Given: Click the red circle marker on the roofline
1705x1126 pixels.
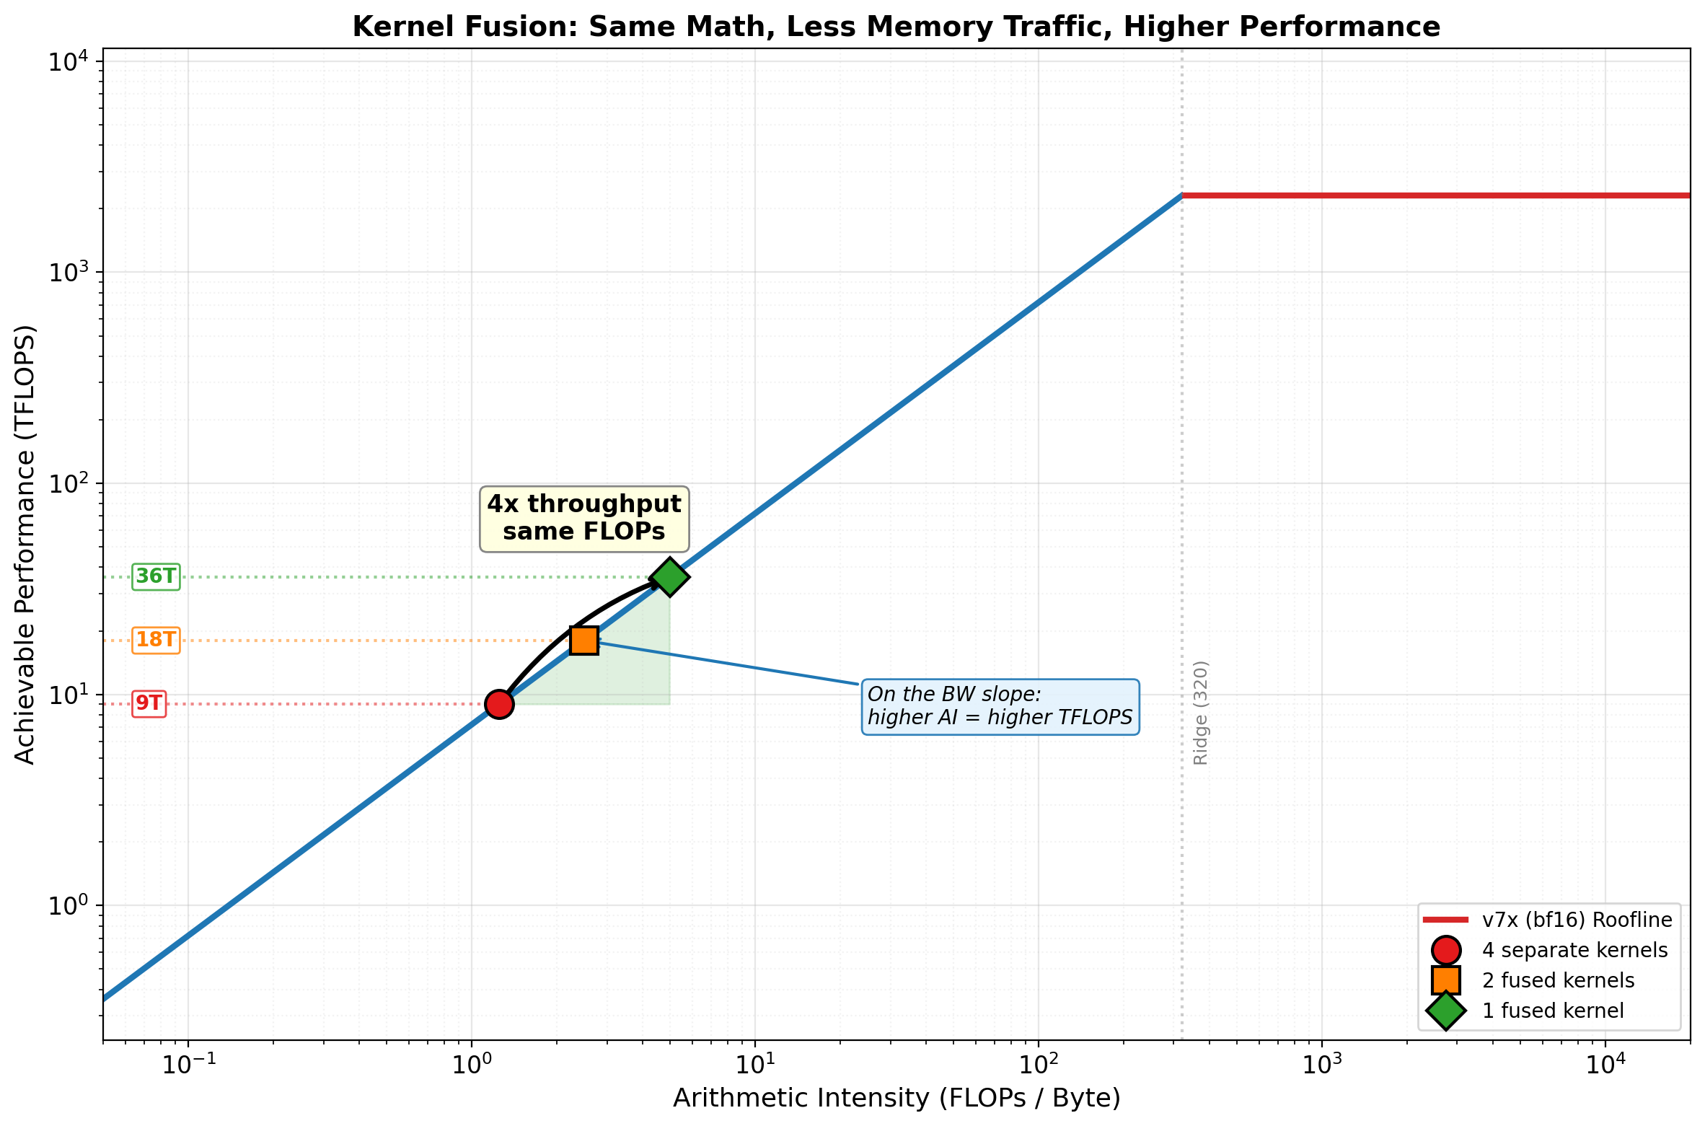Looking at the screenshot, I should pyautogui.click(x=499, y=703).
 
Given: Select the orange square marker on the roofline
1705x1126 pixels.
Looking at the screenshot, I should pyautogui.click(x=584, y=640).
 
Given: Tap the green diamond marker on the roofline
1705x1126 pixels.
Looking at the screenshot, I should pyautogui.click(x=670, y=576).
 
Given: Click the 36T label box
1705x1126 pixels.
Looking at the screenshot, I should pyautogui.click(x=156, y=576).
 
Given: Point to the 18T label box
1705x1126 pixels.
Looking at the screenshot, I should pyautogui.click(x=156, y=640).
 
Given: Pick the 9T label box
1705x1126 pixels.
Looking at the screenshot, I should pyautogui.click(x=149, y=703).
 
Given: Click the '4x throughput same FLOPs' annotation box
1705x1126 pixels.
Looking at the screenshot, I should pyautogui.click(x=584, y=518).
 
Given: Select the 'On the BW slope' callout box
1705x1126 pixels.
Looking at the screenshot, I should pyautogui.click(x=1000, y=706).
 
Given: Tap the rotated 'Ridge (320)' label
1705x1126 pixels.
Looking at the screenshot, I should pyautogui.click(x=1201, y=713).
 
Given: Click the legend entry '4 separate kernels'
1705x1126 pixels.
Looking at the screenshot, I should pyautogui.click(x=1574, y=950).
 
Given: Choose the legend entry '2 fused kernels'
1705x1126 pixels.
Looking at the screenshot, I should pyautogui.click(x=1558, y=980).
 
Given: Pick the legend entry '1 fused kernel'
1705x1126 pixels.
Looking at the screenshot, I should pyautogui.click(x=1553, y=1011).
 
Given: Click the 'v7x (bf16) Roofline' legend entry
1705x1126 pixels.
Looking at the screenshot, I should pyautogui.click(x=1577, y=920).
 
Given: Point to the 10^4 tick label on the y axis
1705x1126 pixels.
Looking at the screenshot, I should pyautogui.click(x=69, y=61).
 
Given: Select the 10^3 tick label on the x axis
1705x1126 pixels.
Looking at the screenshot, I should pyautogui.click(x=1321, y=1065).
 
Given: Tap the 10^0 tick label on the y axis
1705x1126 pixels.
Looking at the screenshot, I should pyautogui.click(x=69, y=905).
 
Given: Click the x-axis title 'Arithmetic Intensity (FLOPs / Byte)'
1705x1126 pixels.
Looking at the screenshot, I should pyautogui.click(x=896, y=1098).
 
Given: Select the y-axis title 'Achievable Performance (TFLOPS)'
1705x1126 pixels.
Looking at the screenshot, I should pyautogui.click(x=25, y=544).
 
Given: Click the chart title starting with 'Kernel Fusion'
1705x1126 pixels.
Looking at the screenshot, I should pyautogui.click(x=896, y=27).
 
